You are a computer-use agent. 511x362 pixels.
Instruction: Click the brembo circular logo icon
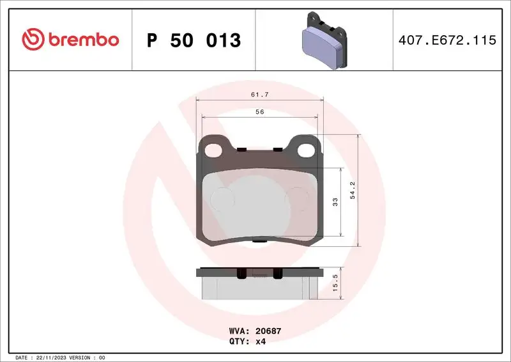(32, 40)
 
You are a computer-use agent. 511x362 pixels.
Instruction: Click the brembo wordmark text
(81, 40)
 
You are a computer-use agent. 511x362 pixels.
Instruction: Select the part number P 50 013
(194, 40)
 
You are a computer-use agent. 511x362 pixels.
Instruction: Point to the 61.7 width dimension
(259, 93)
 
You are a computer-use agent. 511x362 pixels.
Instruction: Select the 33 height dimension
(335, 202)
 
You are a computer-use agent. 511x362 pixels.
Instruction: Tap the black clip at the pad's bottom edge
(259, 241)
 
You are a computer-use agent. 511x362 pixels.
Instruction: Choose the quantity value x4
(261, 342)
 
